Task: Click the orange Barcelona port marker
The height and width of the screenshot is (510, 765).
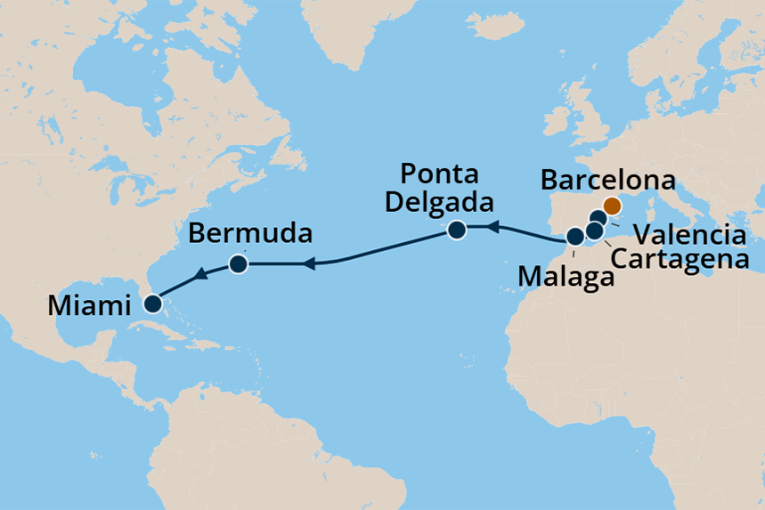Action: [612, 206]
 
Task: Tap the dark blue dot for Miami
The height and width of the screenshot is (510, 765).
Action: [153, 304]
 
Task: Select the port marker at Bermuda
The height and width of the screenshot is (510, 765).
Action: [238, 263]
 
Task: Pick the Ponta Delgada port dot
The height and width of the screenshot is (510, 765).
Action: [457, 231]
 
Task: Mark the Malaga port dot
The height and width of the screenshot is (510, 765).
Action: [575, 237]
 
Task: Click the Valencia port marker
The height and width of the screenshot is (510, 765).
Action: [598, 218]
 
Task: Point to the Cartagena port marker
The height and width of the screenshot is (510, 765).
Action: [594, 231]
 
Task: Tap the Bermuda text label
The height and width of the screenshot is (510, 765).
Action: [251, 236]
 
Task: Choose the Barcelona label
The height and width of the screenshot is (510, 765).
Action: [608, 182]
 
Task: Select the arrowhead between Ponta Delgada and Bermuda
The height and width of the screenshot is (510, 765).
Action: [309, 263]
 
